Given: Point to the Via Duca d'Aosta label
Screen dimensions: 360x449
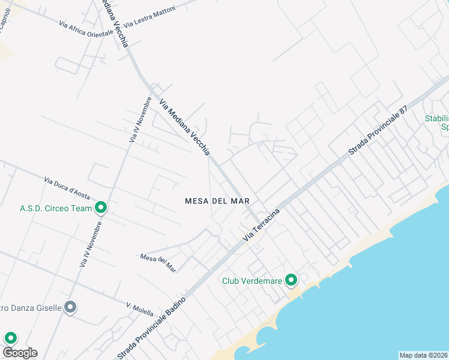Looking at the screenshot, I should pos(67,188).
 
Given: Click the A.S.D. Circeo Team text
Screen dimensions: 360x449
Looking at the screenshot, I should pos(55,208).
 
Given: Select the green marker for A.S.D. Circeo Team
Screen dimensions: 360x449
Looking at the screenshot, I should pos(101,208).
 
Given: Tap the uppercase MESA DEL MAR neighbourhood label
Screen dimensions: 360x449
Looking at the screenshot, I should pos(217,201).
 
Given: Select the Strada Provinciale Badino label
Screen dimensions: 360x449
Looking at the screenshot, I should pos(151,327).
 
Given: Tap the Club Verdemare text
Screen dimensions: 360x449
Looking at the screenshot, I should pos(252,280).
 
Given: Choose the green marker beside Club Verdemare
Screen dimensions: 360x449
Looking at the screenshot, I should pos(291,280).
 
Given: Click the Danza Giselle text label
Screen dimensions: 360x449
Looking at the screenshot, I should pos(31,308).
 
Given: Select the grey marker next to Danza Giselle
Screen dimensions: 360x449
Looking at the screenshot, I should pos(70,308).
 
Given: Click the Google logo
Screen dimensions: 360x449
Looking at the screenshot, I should pos(19,353).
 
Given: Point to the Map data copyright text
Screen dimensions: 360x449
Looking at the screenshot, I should pos(423,355).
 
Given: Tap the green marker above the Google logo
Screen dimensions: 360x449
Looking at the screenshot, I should pos(10,338).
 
